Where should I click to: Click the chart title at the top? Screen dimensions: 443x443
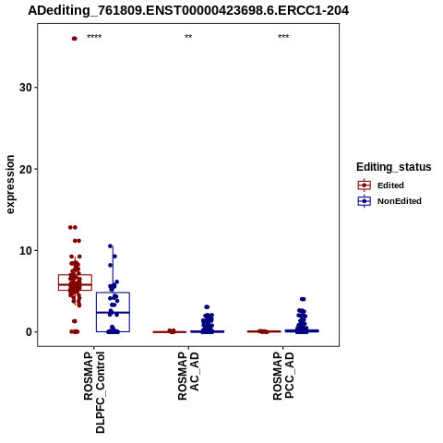[188, 10]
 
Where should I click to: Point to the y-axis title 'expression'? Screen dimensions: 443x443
[10, 185]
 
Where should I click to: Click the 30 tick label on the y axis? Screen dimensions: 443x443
[26, 88]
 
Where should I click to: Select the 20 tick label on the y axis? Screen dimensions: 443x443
[26, 169]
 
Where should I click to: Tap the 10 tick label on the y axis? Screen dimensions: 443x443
[26, 250]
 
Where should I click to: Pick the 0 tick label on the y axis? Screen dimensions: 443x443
[29, 332]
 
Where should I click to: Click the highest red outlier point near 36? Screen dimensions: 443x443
[74, 39]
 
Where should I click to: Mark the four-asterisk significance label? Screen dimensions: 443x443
[94, 37]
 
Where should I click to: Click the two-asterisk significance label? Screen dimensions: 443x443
[188, 37]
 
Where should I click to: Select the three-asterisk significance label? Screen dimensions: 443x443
[283, 37]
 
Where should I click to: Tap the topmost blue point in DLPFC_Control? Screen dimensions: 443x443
[110, 246]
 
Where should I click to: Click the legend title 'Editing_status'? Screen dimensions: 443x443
[394, 167]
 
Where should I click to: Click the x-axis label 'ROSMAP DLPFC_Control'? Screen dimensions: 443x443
[94, 392]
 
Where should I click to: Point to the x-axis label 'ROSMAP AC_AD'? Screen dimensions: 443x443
[188, 376]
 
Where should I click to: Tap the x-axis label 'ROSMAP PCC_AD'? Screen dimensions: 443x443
[283, 376]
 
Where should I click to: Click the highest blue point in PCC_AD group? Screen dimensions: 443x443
[303, 299]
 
